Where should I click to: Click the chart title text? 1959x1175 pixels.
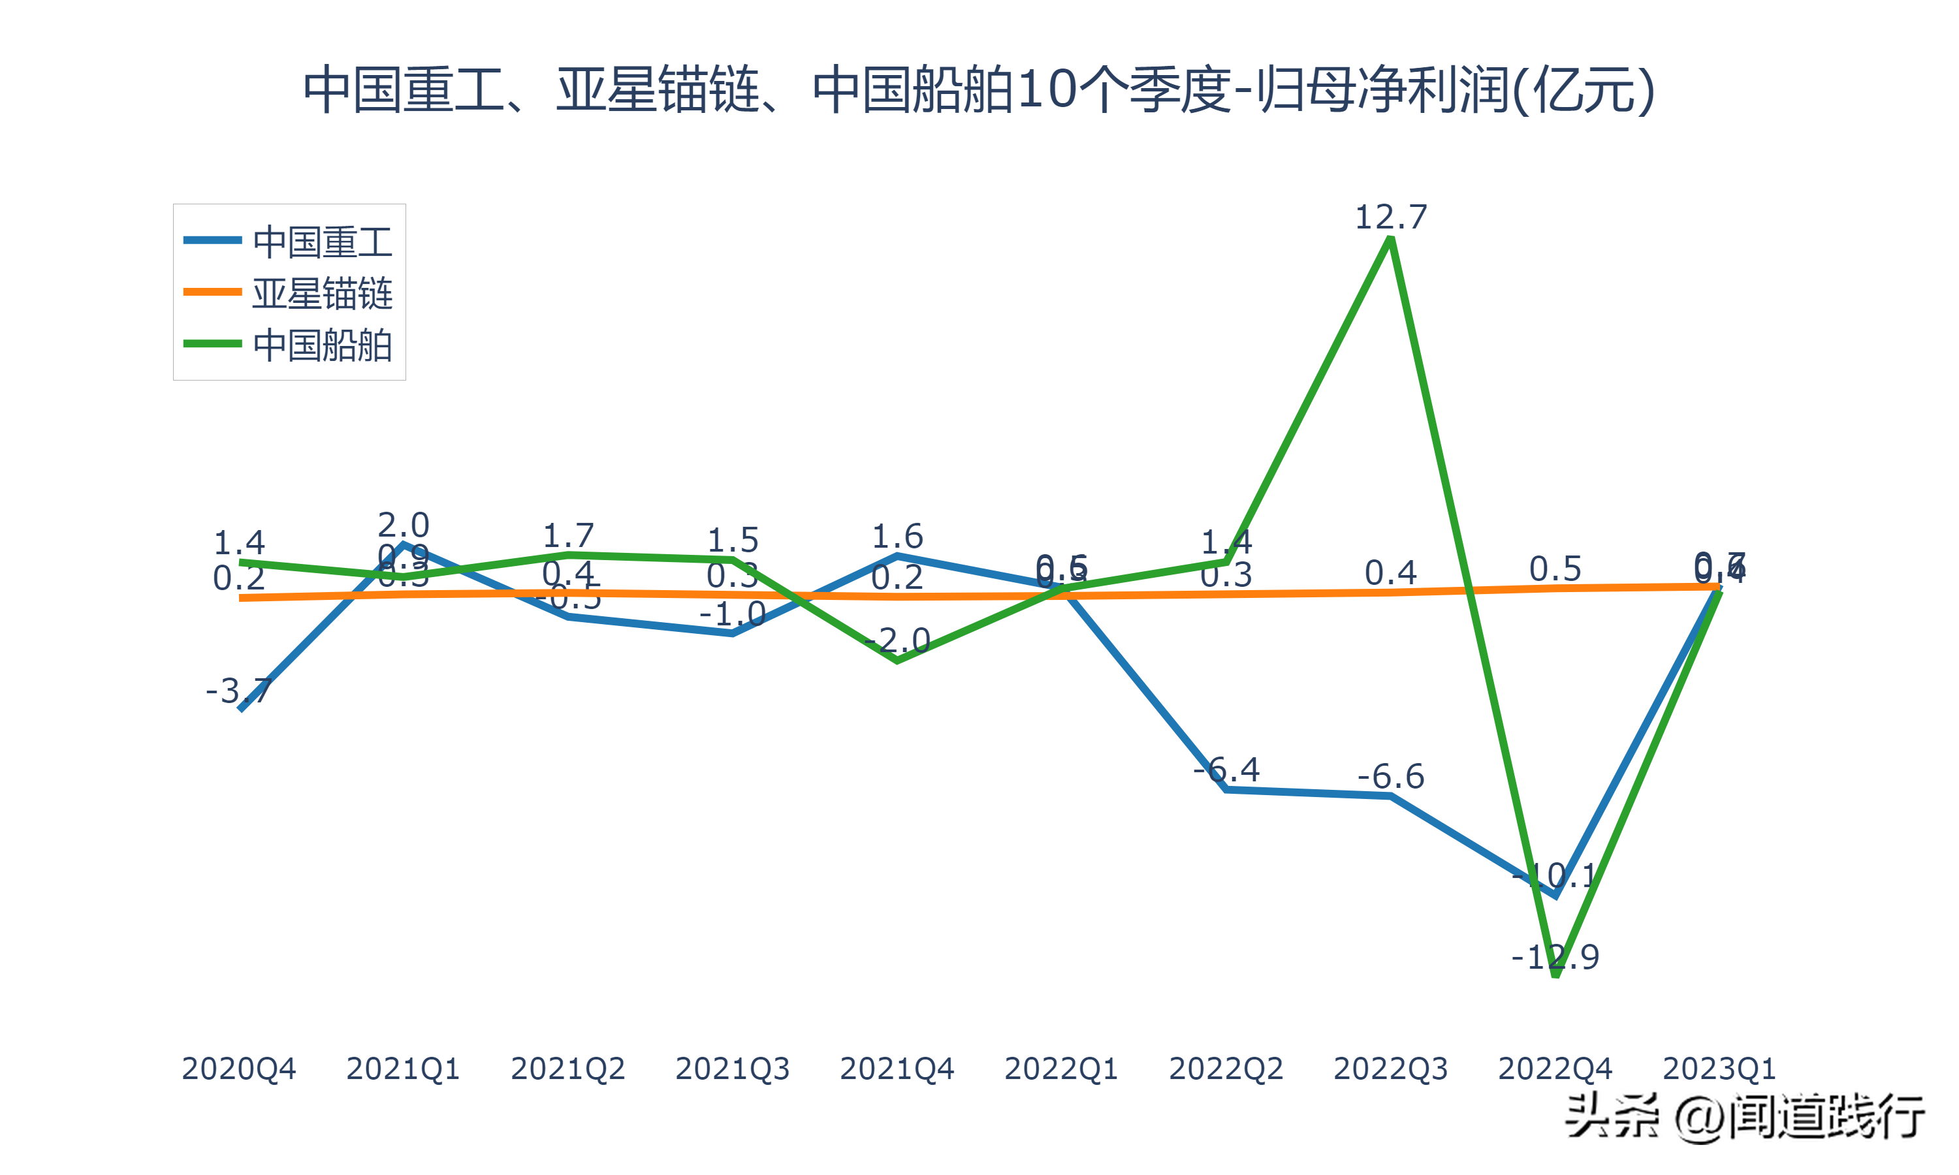click(x=979, y=89)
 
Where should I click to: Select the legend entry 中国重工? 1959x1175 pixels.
click(x=323, y=242)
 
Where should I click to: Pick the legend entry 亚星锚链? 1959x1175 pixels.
click(x=323, y=293)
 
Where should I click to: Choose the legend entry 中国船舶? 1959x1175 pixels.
click(x=323, y=345)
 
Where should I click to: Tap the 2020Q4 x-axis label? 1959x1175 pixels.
click(x=238, y=1069)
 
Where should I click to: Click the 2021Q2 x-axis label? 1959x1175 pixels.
click(x=567, y=1069)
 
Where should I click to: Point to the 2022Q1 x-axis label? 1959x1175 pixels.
click(x=1061, y=1069)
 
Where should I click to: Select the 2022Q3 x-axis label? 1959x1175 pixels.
click(x=1390, y=1069)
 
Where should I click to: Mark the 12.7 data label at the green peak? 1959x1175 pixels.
click(x=1390, y=217)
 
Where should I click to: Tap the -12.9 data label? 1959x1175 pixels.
click(x=1555, y=957)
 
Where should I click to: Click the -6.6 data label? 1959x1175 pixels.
click(x=1390, y=777)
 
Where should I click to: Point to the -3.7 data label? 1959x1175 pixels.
click(x=238, y=691)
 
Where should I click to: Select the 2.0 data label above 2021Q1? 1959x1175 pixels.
click(x=403, y=525)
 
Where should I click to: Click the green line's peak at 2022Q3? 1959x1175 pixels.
click(x=1390, y=240)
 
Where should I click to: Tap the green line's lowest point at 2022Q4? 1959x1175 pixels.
click(x=1555, y=975)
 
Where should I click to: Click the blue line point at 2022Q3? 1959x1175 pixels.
click(x=1390, y=796)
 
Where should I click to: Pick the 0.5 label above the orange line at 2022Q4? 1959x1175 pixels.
click(x=1555, y=569)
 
